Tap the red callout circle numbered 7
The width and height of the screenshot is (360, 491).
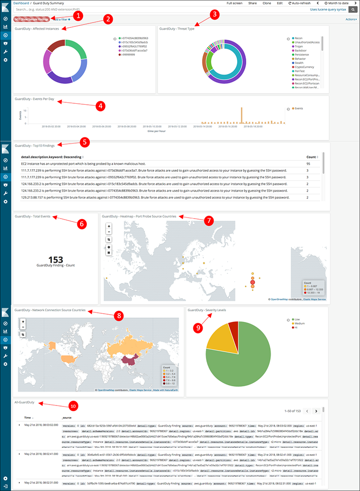click(208, 221)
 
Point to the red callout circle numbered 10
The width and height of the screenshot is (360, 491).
click(72, 406)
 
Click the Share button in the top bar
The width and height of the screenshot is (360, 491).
click(252, 3)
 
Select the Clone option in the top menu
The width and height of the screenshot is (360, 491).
click(266, 3)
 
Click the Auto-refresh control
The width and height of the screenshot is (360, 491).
click(301, 3)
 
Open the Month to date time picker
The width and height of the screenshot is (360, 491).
click(338, 3)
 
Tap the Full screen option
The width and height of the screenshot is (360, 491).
click(235, 3)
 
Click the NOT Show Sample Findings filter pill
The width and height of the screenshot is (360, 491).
click(31, 19)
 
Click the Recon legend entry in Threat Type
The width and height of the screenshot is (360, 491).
click(298, 37)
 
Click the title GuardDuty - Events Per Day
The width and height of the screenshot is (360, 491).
click(35, 99)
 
